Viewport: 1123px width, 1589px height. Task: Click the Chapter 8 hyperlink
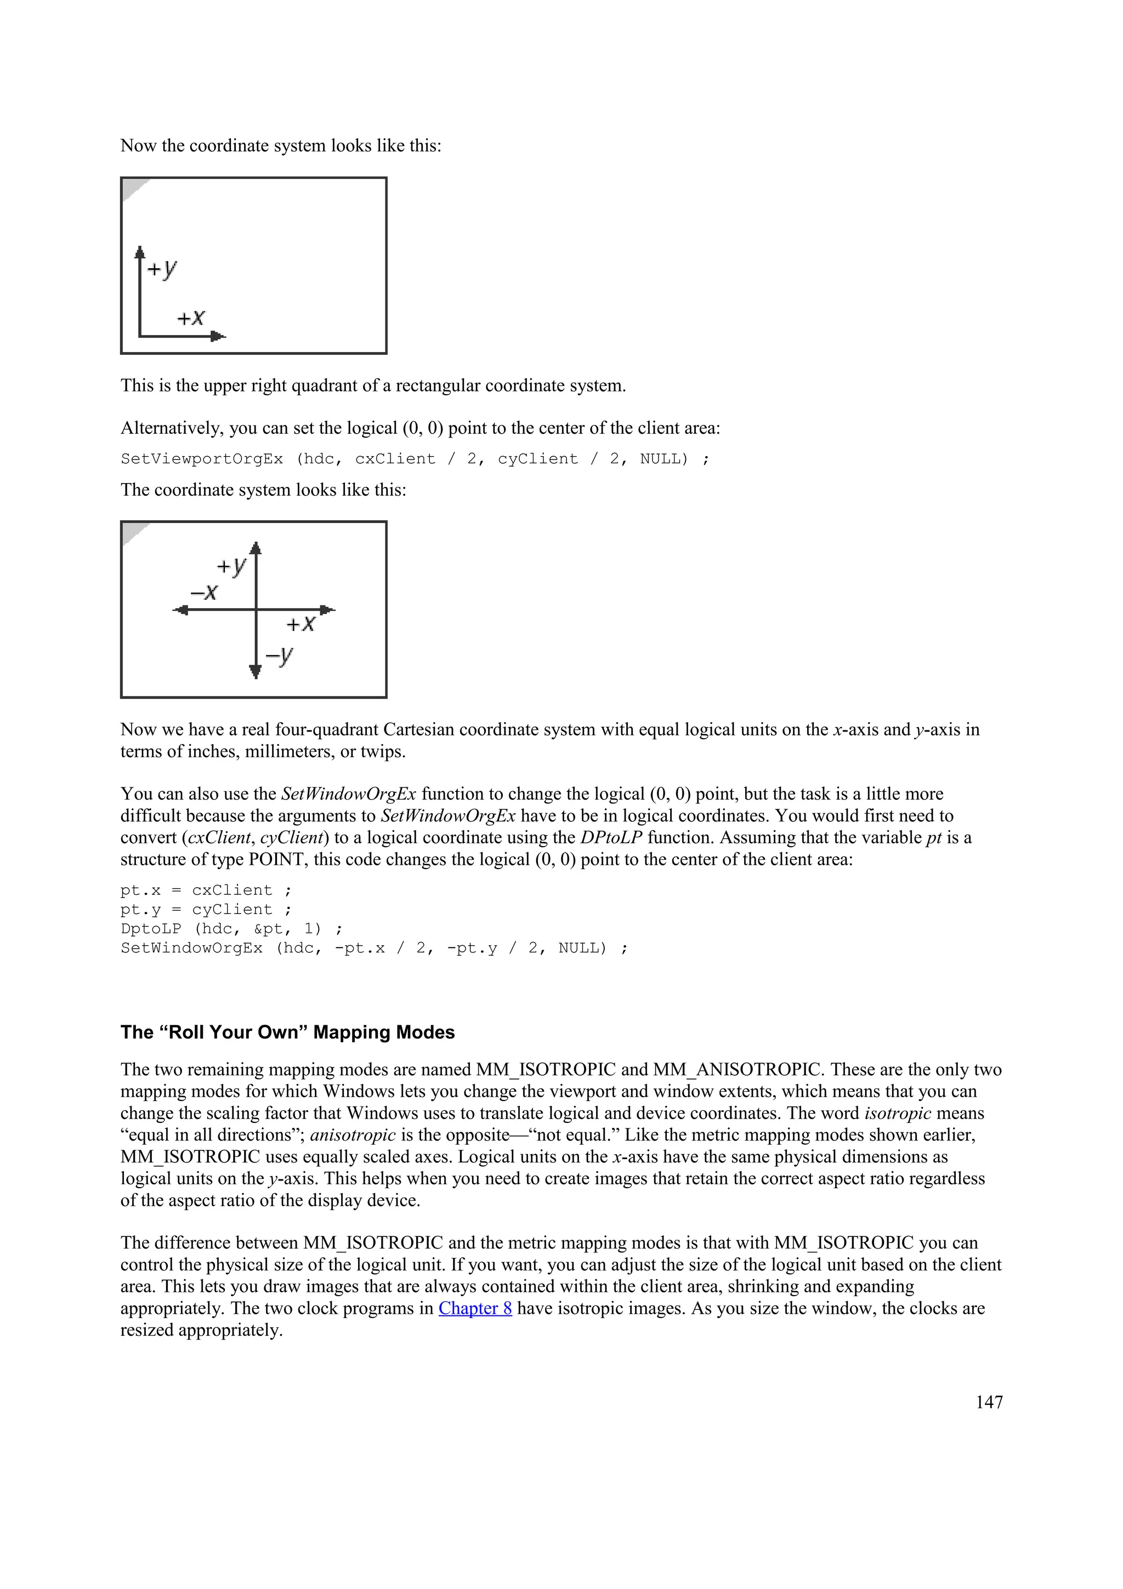pos(475,1309)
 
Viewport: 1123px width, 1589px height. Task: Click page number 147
pos(989,1401)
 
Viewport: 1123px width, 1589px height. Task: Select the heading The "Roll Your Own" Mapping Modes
pos(287,1032)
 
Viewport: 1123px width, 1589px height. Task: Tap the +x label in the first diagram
pos(191,317)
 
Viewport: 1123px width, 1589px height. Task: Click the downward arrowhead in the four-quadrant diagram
pos(256,670)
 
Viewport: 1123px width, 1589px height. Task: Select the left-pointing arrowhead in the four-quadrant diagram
pos(180,610)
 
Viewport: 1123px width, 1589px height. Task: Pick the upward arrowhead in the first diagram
pos(140,251)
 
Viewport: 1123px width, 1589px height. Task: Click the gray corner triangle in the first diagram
pos(133,188)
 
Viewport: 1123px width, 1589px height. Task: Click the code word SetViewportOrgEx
pos(201,459)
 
